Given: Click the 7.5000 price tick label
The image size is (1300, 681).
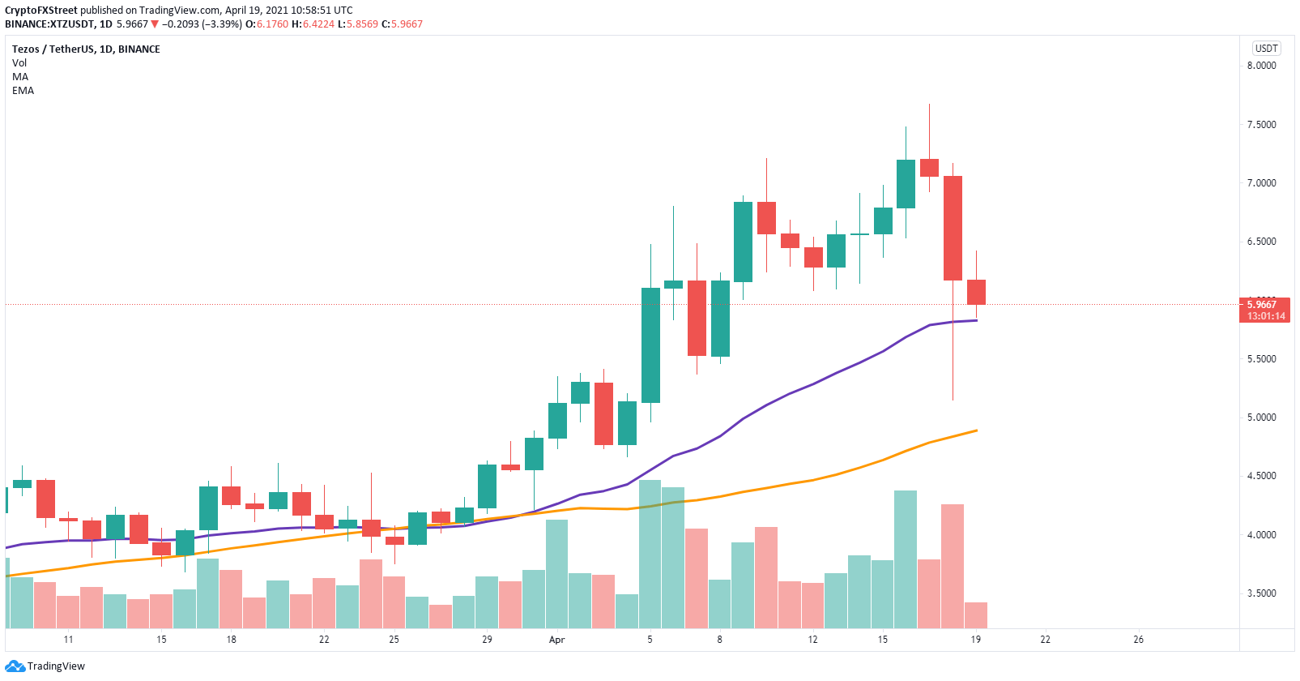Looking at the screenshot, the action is point(1262,125).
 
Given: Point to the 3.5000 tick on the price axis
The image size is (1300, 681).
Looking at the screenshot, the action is point(1262,593).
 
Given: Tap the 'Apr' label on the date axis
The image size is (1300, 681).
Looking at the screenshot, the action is point(556,640).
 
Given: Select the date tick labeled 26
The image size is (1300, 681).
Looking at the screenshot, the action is point(1139,640).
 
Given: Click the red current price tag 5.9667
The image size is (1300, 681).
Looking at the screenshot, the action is point(1264,305).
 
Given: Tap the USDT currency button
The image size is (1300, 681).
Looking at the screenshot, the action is point(1266,48).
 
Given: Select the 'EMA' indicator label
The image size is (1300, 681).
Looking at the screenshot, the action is point(23,91).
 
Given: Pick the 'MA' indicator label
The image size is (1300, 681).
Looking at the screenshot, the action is point(20,77).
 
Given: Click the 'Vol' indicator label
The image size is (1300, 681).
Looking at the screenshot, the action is point(19,62).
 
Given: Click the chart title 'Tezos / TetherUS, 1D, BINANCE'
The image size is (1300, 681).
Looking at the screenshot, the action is point(86,49).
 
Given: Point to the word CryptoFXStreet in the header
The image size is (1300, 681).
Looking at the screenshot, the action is point(40,10).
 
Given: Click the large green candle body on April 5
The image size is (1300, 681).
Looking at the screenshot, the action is point(650,345).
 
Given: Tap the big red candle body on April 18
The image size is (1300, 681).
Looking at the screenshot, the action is point(953,229).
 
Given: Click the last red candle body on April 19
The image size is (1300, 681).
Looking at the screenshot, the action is point(976,293).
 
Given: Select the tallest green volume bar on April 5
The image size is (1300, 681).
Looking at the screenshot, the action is point(650,555).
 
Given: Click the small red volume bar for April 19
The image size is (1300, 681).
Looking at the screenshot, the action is point(976,615).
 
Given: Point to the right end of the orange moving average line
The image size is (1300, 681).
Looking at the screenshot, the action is point(978,430).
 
